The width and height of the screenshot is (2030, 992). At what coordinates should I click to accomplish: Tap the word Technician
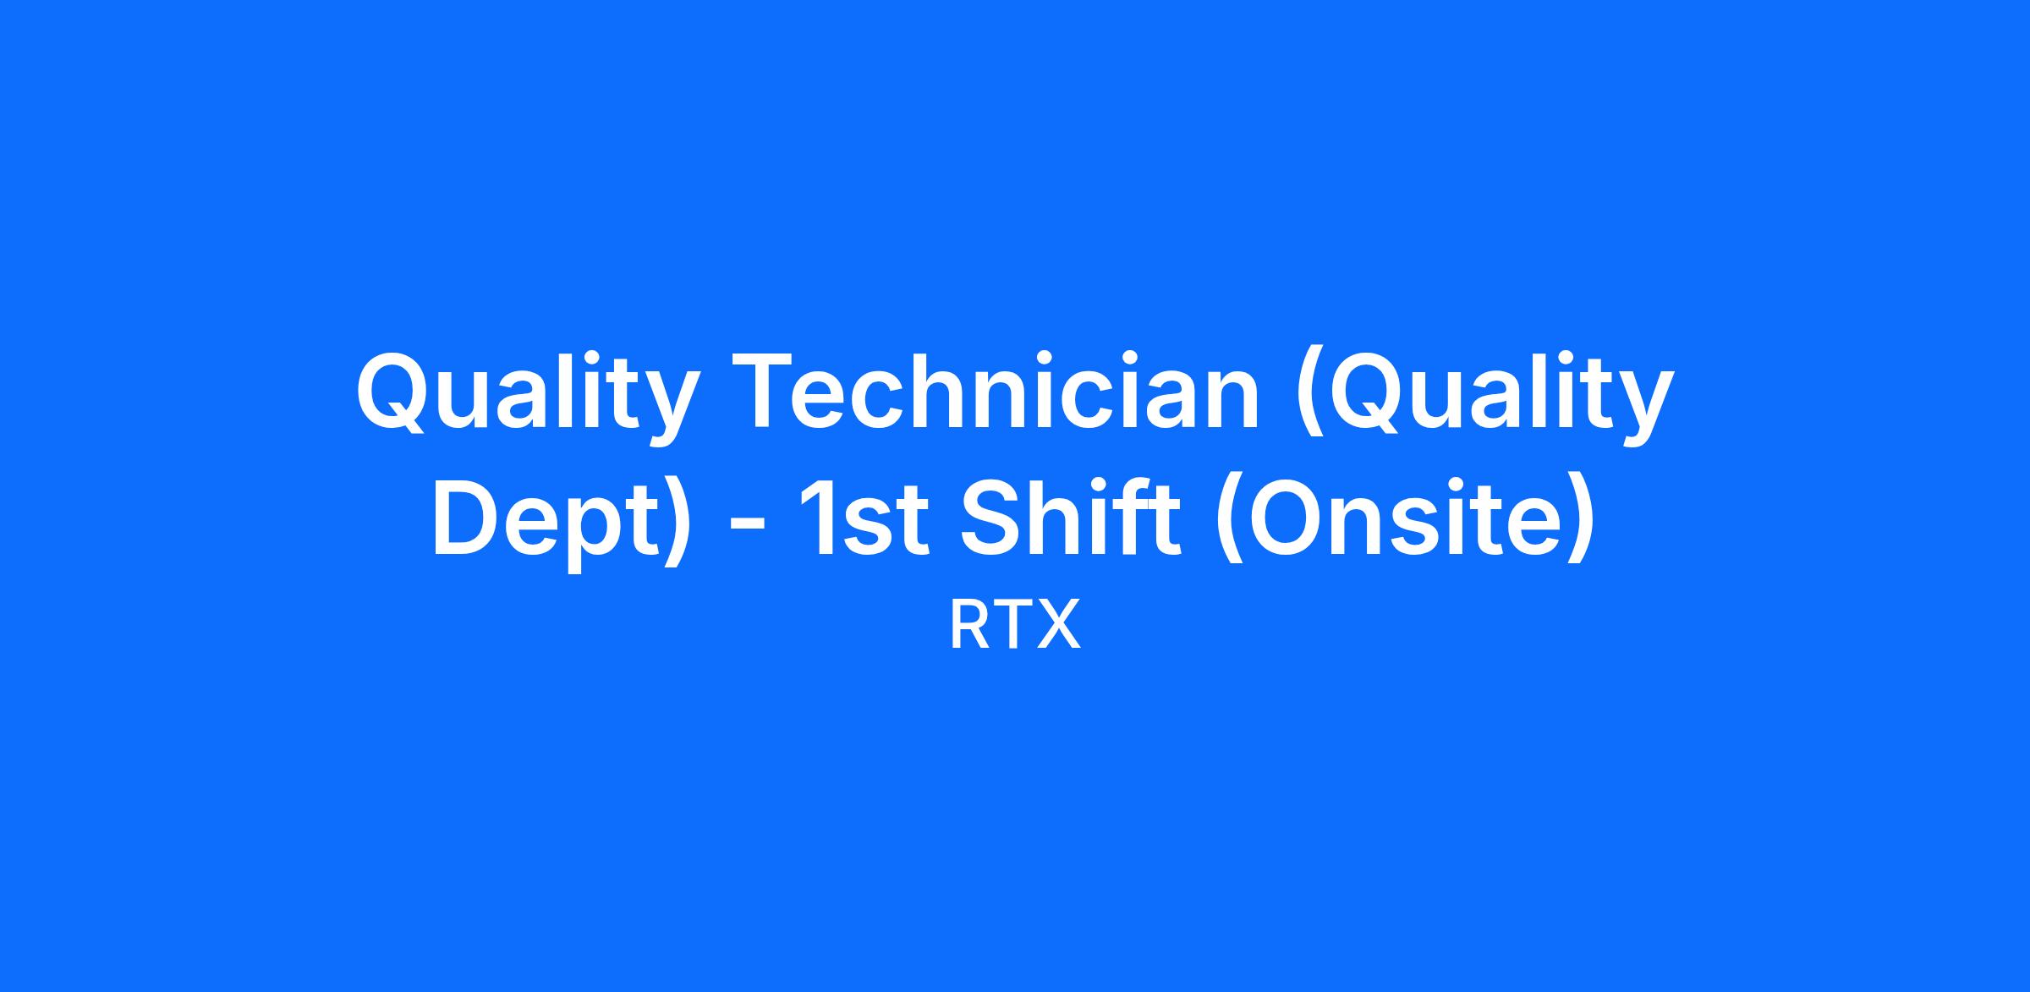tap(1000, 392)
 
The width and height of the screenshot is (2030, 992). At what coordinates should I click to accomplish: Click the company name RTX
tap(1015, 625)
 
